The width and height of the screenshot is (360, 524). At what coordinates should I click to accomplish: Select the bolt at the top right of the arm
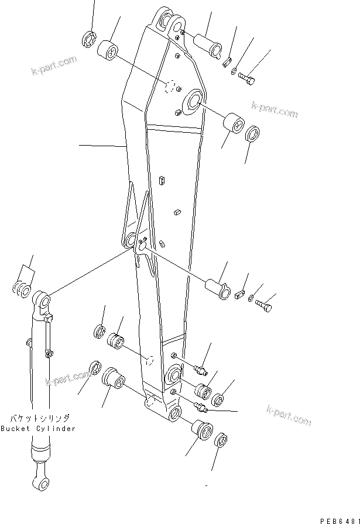[247, 78]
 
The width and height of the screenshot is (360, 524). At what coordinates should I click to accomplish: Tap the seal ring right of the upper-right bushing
[253, 133]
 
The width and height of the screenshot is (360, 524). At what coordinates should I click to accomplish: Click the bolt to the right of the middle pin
[265, 305]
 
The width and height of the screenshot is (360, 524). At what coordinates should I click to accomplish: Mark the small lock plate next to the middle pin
[238, 295]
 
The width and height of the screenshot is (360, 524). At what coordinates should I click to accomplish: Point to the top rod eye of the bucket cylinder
[43, 301]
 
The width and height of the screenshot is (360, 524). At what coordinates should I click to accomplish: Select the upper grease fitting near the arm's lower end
[201, 370]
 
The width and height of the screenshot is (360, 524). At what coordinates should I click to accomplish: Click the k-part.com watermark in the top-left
[54, 66]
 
